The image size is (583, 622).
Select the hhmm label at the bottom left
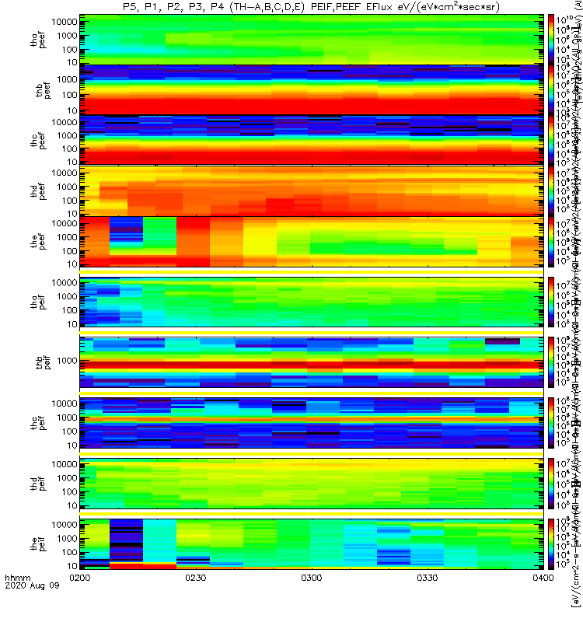pyautogui.click(x=17, y=600)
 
